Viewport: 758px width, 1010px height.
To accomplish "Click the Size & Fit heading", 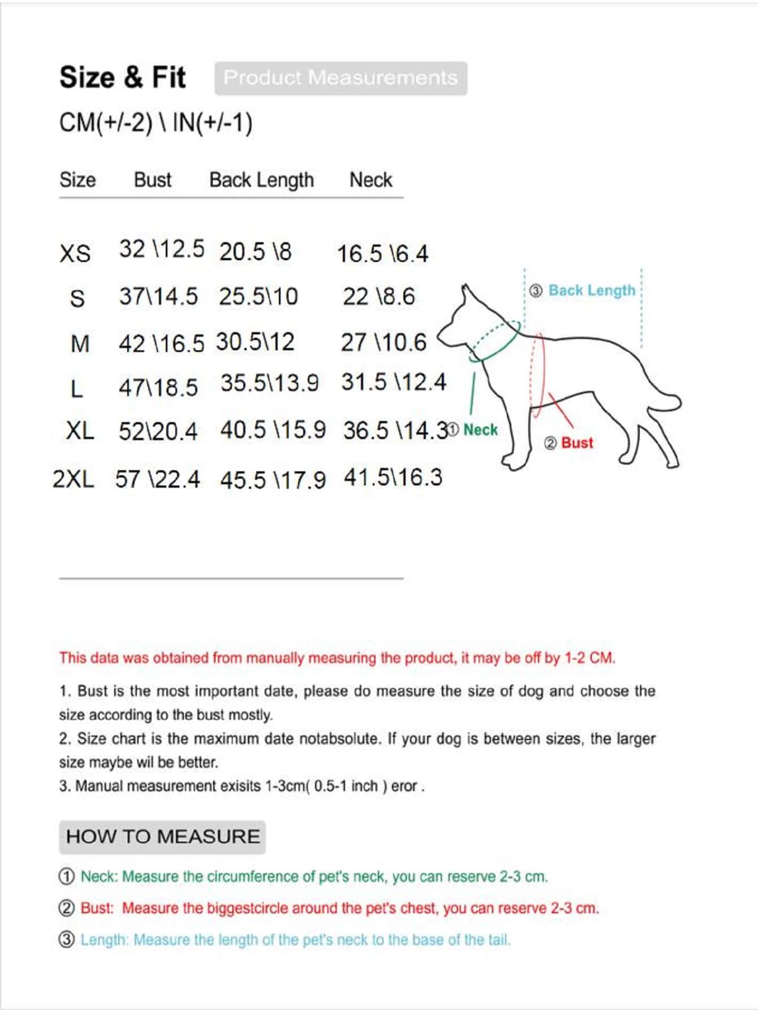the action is [122, 77].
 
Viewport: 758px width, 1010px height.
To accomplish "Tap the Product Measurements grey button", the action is [341, 78].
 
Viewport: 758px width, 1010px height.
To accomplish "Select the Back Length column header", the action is [261, 180].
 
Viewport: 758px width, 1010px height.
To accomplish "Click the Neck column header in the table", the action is [371, 180].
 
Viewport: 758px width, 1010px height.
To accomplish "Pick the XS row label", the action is [75, 253].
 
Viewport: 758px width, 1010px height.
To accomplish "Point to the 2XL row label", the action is [74, 479].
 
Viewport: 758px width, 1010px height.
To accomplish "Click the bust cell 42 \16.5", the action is [161, 343].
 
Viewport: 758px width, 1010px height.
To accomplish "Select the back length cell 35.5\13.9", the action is [269, 383].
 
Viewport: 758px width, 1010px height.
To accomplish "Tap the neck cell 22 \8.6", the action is [378, 296].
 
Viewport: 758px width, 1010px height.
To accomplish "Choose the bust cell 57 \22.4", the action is [157, 479].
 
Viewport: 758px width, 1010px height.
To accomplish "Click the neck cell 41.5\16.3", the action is [393, 478].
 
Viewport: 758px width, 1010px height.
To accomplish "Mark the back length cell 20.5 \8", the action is [255, 252].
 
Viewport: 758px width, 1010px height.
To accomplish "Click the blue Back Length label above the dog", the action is [592, 290].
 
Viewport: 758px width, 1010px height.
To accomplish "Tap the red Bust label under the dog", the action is [577, 442].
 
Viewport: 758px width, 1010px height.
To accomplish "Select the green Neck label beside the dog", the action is [480, 430].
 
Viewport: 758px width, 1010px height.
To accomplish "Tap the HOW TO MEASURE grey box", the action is [162, 837].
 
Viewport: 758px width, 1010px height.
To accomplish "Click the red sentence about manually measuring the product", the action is [337, 658].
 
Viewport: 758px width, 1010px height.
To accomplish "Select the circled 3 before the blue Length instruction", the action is [67, 940].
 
